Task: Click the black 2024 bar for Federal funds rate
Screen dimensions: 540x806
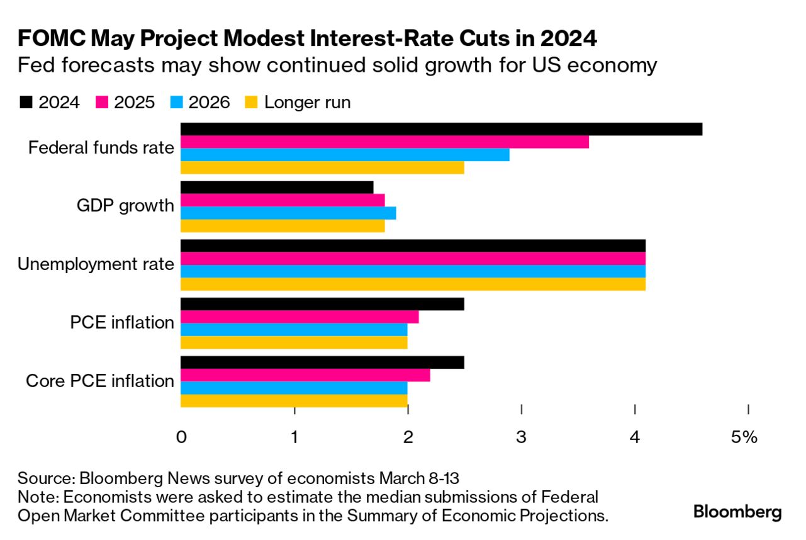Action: point(440,129)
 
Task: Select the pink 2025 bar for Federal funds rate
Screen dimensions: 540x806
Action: point(384,142)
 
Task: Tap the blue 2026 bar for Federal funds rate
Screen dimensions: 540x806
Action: point(345,155)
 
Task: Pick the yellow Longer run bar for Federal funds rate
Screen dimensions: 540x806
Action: point(322,167)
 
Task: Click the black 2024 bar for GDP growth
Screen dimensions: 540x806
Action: point(277,188)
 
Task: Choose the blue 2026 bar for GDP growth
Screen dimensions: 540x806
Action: point(288,213)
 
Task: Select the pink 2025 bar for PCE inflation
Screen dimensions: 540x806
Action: point(299,317)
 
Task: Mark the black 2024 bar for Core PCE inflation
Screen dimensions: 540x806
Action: point(322,363)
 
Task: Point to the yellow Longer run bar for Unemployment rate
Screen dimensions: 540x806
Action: point(413,284)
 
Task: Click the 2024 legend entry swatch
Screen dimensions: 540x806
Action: point(26,103)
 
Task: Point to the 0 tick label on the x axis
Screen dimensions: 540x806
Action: point(181,437)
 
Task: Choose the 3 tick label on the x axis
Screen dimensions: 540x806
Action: point(522,437)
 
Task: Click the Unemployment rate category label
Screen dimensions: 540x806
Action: point(96,264)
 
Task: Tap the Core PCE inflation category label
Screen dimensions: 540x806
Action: point(100,381)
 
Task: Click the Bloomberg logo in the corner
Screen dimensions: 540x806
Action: point(737,512)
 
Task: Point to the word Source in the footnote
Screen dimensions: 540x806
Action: point(38,476)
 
